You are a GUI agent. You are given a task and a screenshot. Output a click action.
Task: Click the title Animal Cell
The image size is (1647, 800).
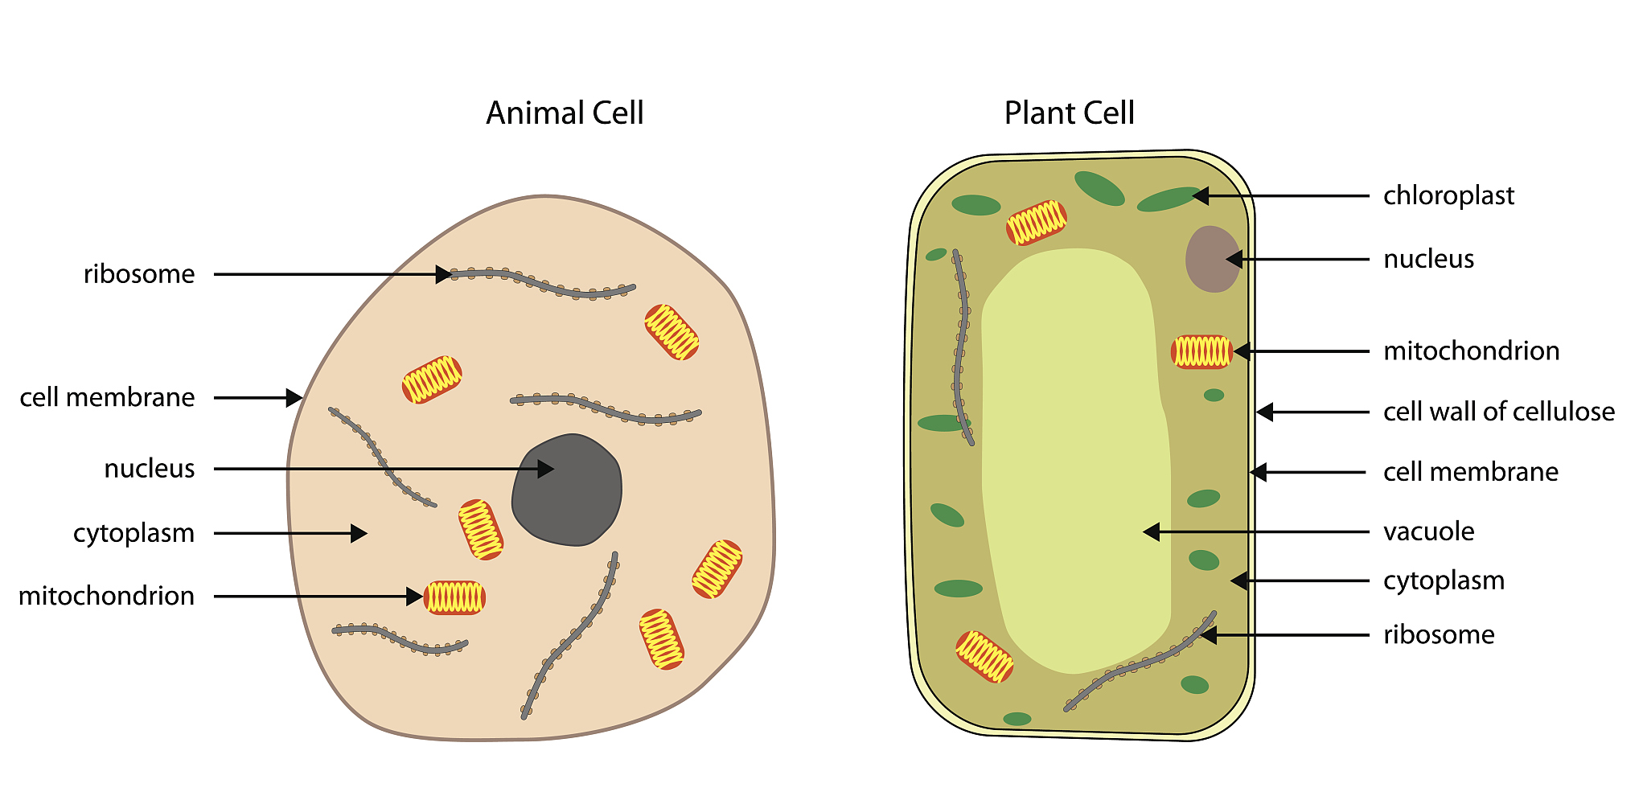click(565, 113)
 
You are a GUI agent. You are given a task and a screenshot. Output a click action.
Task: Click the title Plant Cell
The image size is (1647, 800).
click(1069, 113)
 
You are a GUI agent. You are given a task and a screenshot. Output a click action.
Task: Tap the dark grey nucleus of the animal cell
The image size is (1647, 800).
click(567, 490)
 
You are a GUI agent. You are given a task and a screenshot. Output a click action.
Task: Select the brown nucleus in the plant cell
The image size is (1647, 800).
click(1212, 259)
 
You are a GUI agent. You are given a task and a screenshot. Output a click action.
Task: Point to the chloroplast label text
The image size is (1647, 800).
click(1448, 195)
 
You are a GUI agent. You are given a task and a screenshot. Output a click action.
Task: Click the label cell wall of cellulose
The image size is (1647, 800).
click(1498, 412)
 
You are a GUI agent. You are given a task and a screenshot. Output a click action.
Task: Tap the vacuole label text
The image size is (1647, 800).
click(1428, 531)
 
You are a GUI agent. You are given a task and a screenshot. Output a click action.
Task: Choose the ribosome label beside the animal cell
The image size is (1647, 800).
click(139, 274)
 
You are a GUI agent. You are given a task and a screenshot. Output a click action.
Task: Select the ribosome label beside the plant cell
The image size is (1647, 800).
click(1439, 634)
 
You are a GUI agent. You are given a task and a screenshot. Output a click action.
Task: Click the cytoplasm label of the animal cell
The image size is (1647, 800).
click(133, 533)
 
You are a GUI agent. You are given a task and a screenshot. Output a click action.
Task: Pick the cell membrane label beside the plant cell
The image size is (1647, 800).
click(1470, 472)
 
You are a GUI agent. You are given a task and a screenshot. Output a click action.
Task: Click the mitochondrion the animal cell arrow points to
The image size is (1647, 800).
click(454, 597)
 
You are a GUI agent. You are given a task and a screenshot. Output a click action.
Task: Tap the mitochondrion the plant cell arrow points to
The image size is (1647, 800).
click(1201, 351)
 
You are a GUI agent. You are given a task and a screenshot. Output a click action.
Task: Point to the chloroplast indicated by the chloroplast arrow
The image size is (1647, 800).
click(1168, 199)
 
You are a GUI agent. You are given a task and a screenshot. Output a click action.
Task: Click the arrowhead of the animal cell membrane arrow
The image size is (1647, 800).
click(295, 397)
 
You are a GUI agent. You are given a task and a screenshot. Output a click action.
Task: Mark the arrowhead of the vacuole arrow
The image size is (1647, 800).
click(1151, 531)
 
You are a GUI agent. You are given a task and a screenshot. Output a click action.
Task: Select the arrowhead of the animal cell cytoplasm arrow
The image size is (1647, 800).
click(359, 533)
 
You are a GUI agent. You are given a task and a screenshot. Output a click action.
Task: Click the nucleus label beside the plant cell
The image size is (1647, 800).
click(1428, 259)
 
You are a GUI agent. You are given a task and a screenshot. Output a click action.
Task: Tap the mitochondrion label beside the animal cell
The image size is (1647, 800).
click(106, 596)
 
